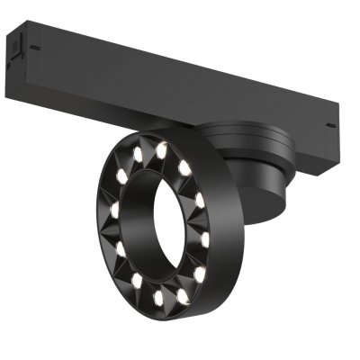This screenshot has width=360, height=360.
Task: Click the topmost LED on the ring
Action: coord(162,150)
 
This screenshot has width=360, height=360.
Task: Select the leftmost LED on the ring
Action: coord(115,212)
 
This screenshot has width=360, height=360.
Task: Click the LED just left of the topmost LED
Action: coord(139,154)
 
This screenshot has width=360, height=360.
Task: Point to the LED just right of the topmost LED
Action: coord(184,166)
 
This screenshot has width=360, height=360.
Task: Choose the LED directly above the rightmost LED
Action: coord(200,200)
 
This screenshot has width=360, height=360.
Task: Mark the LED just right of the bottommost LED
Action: coord(183,293)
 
